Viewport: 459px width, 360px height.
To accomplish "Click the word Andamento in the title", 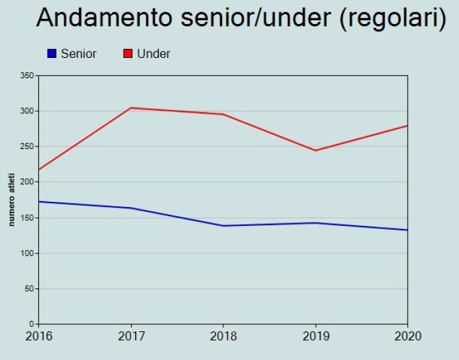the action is click(104, 18).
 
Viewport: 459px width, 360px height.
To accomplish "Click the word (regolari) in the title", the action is click(393, 18).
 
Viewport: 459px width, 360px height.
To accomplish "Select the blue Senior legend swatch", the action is click(52, 53).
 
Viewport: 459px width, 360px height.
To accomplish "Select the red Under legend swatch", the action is click(128, 53).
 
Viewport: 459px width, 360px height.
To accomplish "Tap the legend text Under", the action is click(154, 54).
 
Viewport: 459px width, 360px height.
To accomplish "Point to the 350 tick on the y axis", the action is click(27, 76).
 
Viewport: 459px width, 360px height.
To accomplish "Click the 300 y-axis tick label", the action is click(27, 111).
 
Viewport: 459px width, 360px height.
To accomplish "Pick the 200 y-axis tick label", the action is click(27, 182).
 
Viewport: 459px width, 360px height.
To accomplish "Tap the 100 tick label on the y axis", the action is click(27, 253).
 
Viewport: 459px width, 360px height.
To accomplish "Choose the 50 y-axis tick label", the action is click(29, 288).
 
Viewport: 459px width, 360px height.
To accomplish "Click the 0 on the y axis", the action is click(32, 324).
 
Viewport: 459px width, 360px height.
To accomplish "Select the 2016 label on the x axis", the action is click(39, 337).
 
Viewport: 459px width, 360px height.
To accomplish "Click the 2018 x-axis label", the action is click(223, 337).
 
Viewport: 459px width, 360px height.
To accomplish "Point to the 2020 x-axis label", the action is click(408, 337).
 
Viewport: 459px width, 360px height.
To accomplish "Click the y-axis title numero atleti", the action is click(12, 200).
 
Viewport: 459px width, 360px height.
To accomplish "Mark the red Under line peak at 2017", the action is click(131, 107).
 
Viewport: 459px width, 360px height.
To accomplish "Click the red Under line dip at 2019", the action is click(316, 150).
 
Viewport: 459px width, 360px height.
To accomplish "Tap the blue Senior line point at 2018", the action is click(223, 226).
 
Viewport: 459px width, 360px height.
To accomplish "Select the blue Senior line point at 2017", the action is click(131, 208).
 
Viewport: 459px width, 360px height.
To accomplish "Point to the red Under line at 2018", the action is click(223, 114).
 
